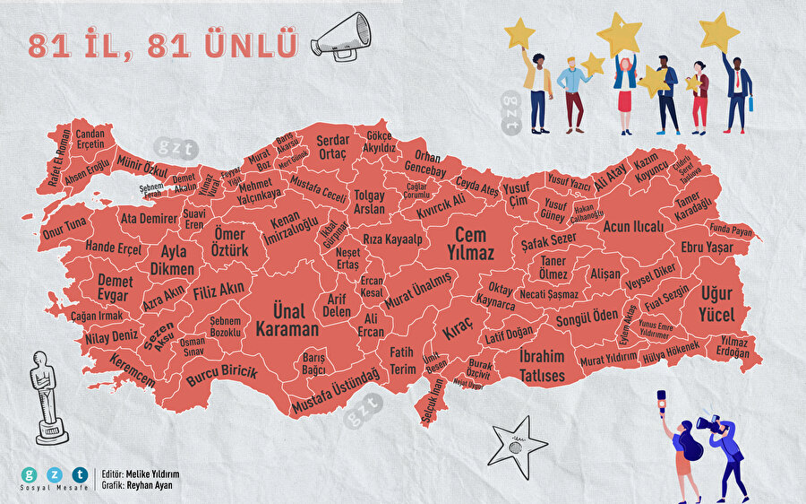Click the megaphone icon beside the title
click(x=341, y=38)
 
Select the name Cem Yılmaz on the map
click(x=471, y=244)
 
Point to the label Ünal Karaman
click(x=280, y=320)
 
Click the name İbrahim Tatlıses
click(x=543, y=366)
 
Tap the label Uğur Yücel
click(x=717, y=305)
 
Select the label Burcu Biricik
click(x=222, y=372)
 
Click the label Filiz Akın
click(x=219, y=290)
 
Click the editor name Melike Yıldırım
click(x=153, y=474)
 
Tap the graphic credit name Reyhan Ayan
click(x=150, y=485)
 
